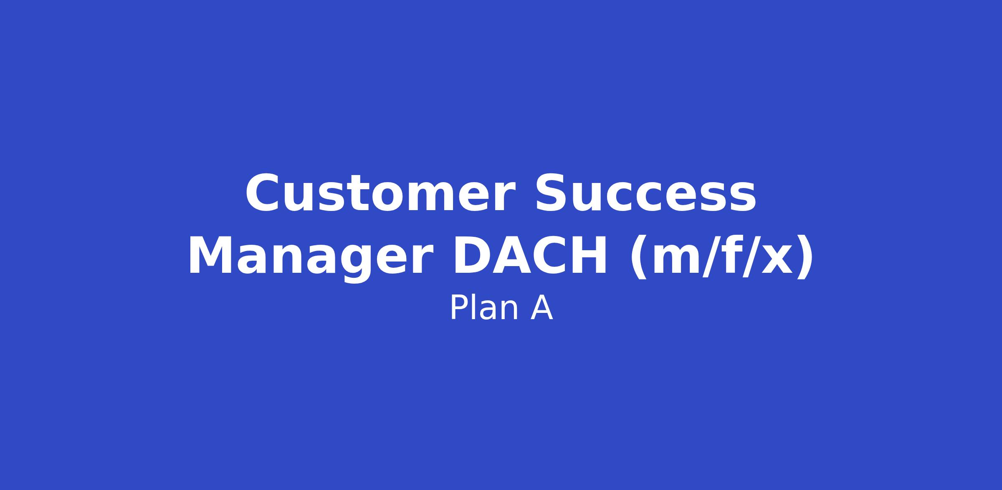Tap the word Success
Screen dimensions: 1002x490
click(645, 193)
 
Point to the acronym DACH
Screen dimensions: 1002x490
click(530, 256)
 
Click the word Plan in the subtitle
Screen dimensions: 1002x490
click(484, 308)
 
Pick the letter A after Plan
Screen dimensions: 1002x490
click(541, 308)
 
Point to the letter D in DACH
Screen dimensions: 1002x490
click(471, 256)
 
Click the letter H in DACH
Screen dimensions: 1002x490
click(588, 256)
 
